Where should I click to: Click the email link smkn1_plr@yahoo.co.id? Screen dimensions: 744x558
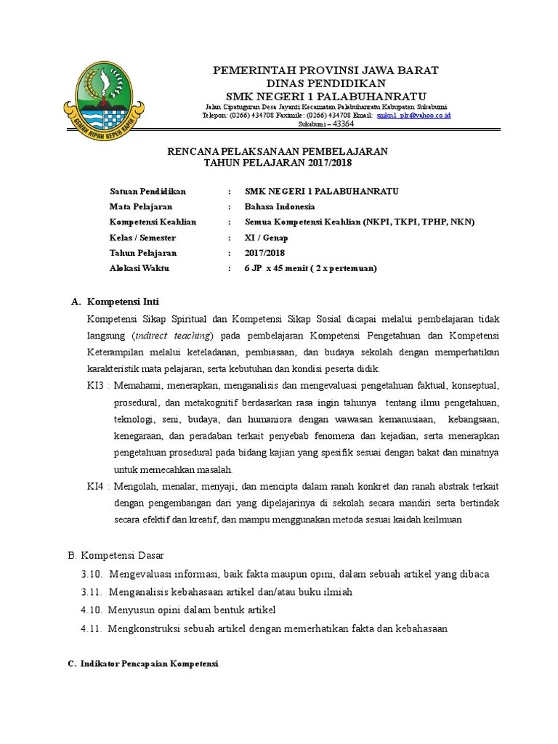pyautogui.click(x=413, y=116)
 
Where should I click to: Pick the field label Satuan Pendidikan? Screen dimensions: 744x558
pyautogui.click(x=147, y=191)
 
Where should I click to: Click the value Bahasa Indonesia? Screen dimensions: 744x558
pyautogui.click(x=280, y=207)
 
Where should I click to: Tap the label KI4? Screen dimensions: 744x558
pyautogui.click(x=97, y=485)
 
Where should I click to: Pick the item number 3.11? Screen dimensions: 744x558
pyautogui.click(x=94, y=591)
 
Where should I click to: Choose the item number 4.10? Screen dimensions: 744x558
pyautogui.click(x=94, y=610)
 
